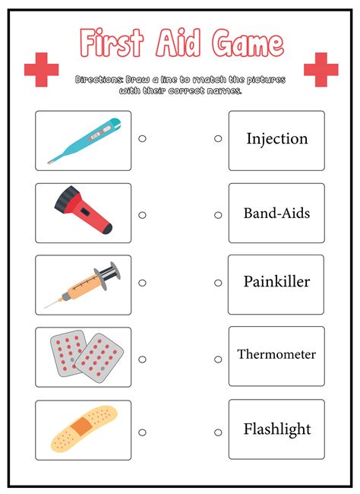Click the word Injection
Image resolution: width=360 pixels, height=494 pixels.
click(276, 139)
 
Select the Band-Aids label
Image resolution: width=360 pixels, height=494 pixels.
click(276, 214)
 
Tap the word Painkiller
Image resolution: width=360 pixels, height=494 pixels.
click(276, 282)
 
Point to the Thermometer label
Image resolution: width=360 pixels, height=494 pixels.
click(276, 354)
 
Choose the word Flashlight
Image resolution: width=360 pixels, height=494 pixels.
click(276, 429)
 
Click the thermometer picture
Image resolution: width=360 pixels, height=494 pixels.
click(84, 140)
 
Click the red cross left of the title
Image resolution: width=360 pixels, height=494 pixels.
click(41, 70)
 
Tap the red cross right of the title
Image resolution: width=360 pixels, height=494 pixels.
click(321, 70)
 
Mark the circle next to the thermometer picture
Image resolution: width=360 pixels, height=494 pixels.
click(142, 138)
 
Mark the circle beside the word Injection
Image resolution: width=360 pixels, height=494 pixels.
click(218, 138)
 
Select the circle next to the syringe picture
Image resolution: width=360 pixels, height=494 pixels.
click(142, 283)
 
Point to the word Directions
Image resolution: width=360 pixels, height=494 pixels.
click(99, 80)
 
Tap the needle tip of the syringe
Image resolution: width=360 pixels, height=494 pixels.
click(45, 307)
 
